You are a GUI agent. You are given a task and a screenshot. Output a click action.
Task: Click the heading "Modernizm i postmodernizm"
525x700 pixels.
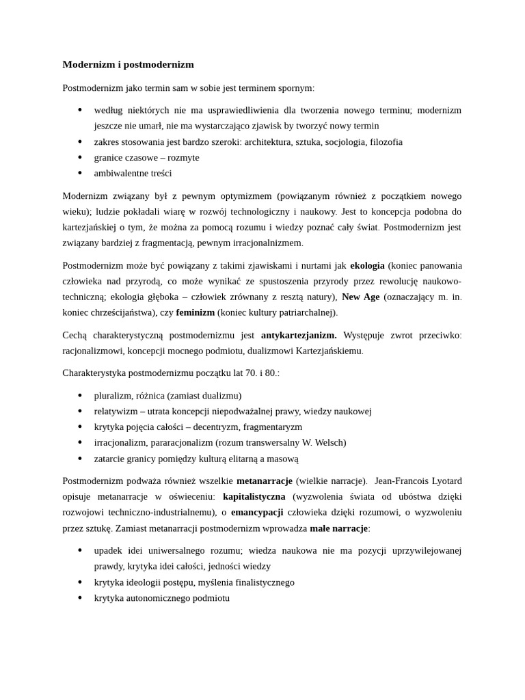[128, 64]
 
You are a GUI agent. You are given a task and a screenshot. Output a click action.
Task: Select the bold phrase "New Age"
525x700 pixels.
[360, 297]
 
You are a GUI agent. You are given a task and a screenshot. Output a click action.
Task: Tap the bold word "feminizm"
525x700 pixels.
[196, 312]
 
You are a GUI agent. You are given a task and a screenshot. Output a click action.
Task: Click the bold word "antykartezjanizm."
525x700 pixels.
[299, 335]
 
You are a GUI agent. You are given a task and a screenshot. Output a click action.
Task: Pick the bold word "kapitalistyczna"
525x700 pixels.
[254, 496]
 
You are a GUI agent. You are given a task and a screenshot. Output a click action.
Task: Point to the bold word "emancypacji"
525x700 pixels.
[257, 512]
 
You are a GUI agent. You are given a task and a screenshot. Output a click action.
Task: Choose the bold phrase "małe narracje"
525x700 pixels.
[338, 528]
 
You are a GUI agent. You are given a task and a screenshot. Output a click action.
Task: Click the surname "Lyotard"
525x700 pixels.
[447, 481]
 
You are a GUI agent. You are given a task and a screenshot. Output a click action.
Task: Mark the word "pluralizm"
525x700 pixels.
[112, 396]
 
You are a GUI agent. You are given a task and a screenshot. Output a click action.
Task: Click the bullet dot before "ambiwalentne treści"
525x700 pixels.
[80, 173]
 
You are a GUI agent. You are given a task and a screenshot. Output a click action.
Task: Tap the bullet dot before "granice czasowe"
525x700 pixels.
[80, 157]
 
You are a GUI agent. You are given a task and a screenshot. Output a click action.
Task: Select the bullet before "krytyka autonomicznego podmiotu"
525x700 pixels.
[80, 598]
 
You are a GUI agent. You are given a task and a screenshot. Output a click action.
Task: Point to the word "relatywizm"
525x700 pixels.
[115, 412]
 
